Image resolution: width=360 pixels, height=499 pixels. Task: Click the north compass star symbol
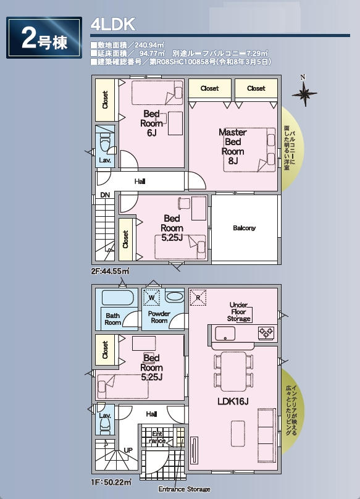pyautogui.click(x=304, y=94)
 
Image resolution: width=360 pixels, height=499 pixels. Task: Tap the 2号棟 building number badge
pyautogui.click(x=44, y=38)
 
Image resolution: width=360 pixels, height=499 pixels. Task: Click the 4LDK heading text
pyautogui.click(x=112, y=25)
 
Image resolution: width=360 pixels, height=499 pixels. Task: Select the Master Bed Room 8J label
pyautogui.click(x=233, y=146)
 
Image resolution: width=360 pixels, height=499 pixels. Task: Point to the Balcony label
pyautogui.click(x=244, y=228)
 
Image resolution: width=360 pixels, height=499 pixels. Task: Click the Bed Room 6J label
pyautogui.click(x=151, y=123)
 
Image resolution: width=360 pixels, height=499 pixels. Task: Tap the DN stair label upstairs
pyautogui.click(x=105, y=195)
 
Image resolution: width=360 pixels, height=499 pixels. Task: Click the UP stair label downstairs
pyautogui.click(x=128, y=450)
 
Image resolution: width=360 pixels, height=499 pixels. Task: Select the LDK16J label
pyautogui.click(x=233, y=401)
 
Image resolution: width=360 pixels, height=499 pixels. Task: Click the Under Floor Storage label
pyautogui.click(x=239, y=312)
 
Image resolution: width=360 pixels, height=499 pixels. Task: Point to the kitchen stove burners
pyautogui.click(x=266, y=332)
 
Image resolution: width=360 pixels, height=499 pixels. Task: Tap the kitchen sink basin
pyautogui.click(x=225, y=333)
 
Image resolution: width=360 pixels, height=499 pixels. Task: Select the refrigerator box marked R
pyautogui.click(x=198, y=298)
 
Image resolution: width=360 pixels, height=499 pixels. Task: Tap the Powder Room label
pyautogui.click(x=159, y=317)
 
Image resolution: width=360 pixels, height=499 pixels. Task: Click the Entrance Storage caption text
pyautogui.click(x=184, y=489)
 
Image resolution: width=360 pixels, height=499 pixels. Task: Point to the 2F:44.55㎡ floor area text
pyautogui.click(x=110, y=272)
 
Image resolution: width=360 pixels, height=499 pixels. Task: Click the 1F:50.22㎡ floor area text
pyautogui.click(x=111, y=482)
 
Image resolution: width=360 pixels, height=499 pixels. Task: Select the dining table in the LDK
pyautogui.click(x=233, y=371)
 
